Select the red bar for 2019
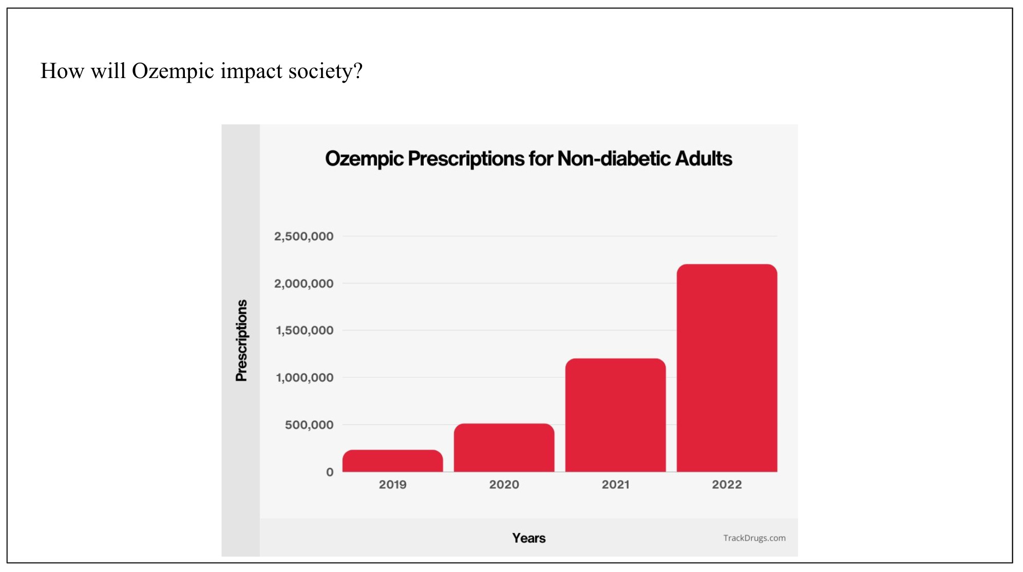point(392,461)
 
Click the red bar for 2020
point(504,447)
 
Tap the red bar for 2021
point(615,415)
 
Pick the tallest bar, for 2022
point(727,368)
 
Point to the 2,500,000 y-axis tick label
point(304,237)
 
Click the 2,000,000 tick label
point(304,283)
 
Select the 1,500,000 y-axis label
point(305,330)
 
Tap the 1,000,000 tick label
point(305,377)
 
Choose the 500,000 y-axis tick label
point(309,425)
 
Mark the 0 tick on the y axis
point(330,472)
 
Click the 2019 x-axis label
point(392,484)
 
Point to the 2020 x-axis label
point(504,484)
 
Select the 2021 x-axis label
point(615,484)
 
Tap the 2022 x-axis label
point(727,484)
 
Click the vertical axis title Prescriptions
point(241,340)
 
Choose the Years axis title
point(528,538)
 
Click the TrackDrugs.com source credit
point(754,538)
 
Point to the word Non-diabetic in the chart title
point(614,159)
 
